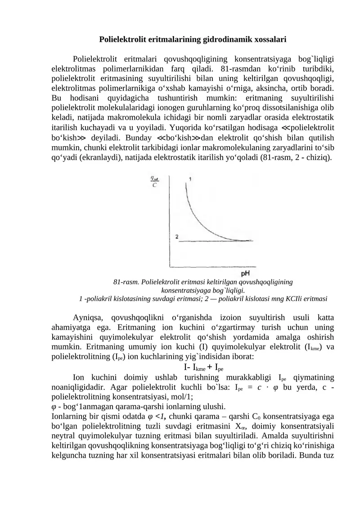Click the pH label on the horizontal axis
246,273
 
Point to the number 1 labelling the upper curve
191,179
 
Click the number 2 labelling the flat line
177,236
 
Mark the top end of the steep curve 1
186,183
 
